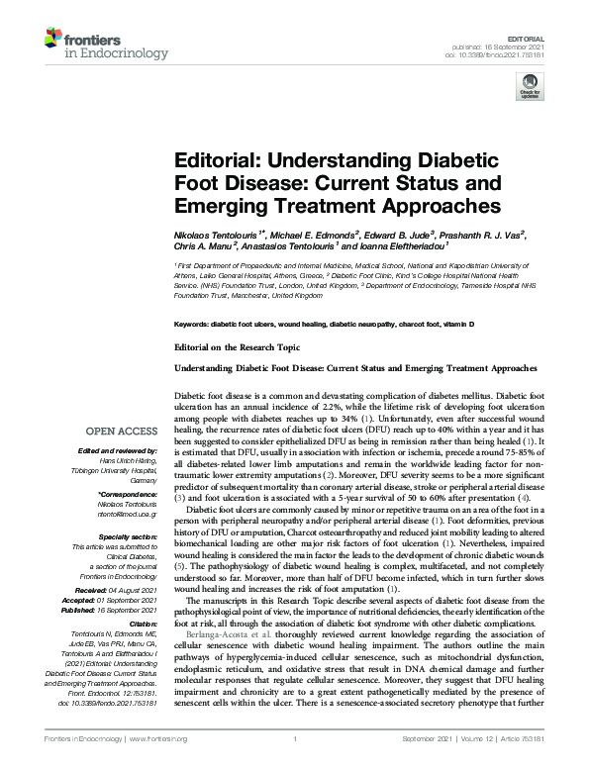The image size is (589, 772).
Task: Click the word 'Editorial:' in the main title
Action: click(214, 162)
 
